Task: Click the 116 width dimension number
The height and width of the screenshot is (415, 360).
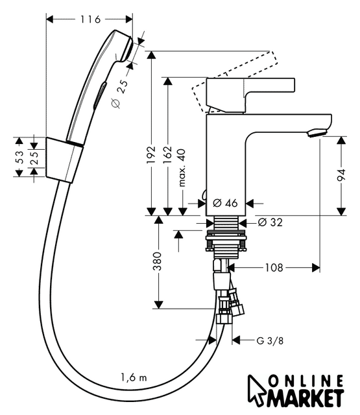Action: [x=90, y=19]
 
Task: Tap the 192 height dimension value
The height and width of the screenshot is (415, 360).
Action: [x=151, y=154]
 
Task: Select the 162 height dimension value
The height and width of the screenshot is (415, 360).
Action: [x=167, y=154]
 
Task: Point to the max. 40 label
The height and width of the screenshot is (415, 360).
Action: [x=182, y=168]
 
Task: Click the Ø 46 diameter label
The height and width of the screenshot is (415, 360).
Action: [x=225, y=203]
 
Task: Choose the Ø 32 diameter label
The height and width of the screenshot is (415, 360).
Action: [x=270, y=222]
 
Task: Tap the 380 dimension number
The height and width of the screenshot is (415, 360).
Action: [x=157, y=261]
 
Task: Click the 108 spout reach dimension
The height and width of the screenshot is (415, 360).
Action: [x=274, y=268]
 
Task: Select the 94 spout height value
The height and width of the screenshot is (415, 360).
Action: [x=341, y=175]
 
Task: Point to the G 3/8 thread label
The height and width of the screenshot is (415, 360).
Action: [x=270, y=340]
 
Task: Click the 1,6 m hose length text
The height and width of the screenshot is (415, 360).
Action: [x=134, y=377]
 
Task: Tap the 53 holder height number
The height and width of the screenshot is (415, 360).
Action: [x=19, y=157]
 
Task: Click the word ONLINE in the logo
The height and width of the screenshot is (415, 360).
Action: [x=306, y=382]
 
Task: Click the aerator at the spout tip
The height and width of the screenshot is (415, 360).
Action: [x=317, y=133]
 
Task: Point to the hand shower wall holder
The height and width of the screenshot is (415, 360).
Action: [x=64, y=160]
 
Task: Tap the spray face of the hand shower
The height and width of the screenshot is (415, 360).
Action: [x=128, y=49]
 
